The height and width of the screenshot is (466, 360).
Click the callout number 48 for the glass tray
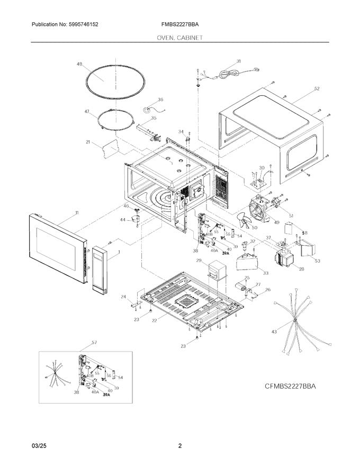click(x=79, y=64)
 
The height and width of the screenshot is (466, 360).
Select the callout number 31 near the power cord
click(x=238, y=61)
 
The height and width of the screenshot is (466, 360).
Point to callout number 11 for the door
click(x=77, y=212)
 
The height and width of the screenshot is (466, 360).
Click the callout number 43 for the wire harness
click(x=274, y=331)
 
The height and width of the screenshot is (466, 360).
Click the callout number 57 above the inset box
click(x=94, y=342)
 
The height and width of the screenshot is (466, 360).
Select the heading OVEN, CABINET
click(x=179, y=38)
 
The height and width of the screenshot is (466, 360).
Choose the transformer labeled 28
click(x=284, y=259)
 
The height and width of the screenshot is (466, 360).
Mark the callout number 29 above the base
click(x=199, y=261)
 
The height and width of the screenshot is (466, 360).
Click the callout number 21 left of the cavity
click(x=88, y=142)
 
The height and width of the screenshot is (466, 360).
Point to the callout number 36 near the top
click(x=160, y=99)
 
